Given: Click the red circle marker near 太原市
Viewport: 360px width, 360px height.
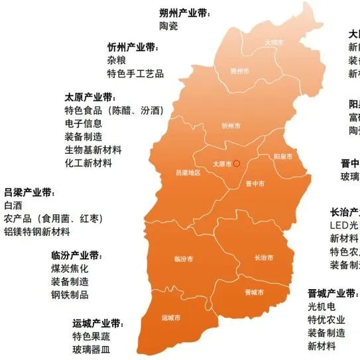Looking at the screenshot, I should (237, 162).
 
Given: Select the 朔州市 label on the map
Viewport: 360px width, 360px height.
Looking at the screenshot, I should (240, 71).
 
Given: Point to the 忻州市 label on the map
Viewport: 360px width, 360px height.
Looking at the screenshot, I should (229, 125).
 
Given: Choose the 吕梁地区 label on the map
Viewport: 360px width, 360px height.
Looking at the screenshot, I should (186, 172).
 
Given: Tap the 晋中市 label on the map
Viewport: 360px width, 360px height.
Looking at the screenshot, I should (255, 183).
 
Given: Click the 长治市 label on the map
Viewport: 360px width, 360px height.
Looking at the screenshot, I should (263, 257).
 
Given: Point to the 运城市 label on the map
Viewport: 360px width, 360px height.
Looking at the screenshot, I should (171, 318).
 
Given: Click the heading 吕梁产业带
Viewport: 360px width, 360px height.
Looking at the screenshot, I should (30, 192).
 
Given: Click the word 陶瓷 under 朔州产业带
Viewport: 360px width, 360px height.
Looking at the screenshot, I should (169, 26).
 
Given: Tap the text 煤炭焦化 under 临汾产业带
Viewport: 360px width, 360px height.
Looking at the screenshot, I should (70, 269).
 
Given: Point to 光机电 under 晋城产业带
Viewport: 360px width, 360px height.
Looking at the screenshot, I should (322, 307).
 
